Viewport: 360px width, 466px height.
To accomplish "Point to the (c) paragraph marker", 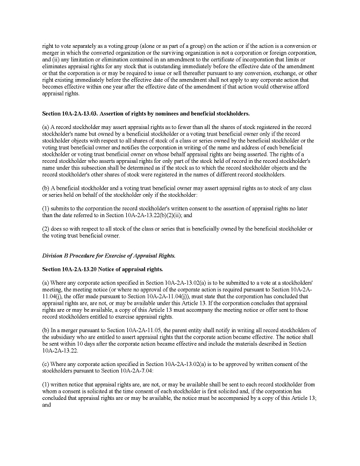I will pyautogui.click(x=45, y=364).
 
